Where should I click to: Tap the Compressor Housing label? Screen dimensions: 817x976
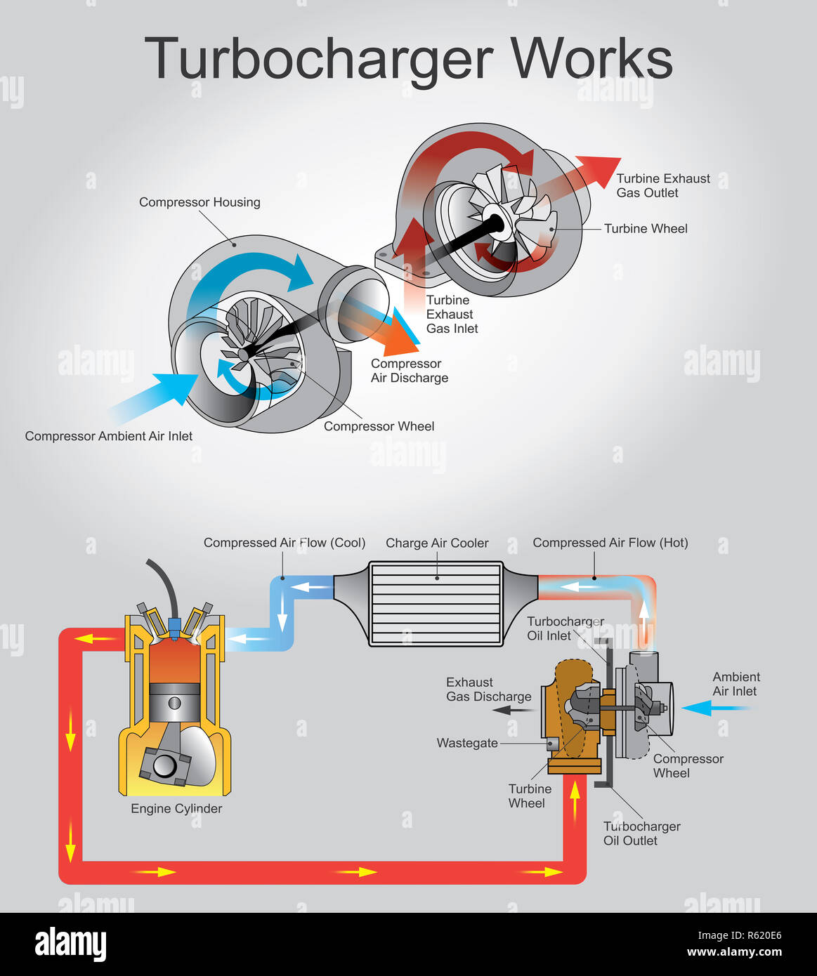200,202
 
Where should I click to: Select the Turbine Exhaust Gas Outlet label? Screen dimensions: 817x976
663,185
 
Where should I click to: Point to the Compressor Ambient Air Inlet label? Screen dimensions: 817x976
108,436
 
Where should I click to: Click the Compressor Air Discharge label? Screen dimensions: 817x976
409,371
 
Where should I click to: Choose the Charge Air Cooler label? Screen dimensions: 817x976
437,543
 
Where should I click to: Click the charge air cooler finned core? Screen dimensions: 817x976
436,604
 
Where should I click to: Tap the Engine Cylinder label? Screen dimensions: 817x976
176,809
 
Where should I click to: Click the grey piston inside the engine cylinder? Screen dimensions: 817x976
174,703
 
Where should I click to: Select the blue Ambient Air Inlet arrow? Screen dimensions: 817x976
716,708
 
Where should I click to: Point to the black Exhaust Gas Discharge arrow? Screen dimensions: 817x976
513,711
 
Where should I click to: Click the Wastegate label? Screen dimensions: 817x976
467,743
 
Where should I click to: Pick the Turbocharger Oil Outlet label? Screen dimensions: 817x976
641,833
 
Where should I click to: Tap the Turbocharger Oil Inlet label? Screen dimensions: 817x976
566,628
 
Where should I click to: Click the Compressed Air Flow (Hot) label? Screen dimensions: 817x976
610,543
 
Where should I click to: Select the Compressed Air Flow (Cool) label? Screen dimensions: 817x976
285,543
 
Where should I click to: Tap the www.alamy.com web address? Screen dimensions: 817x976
734,952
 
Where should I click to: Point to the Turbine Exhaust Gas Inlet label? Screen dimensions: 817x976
452,314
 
